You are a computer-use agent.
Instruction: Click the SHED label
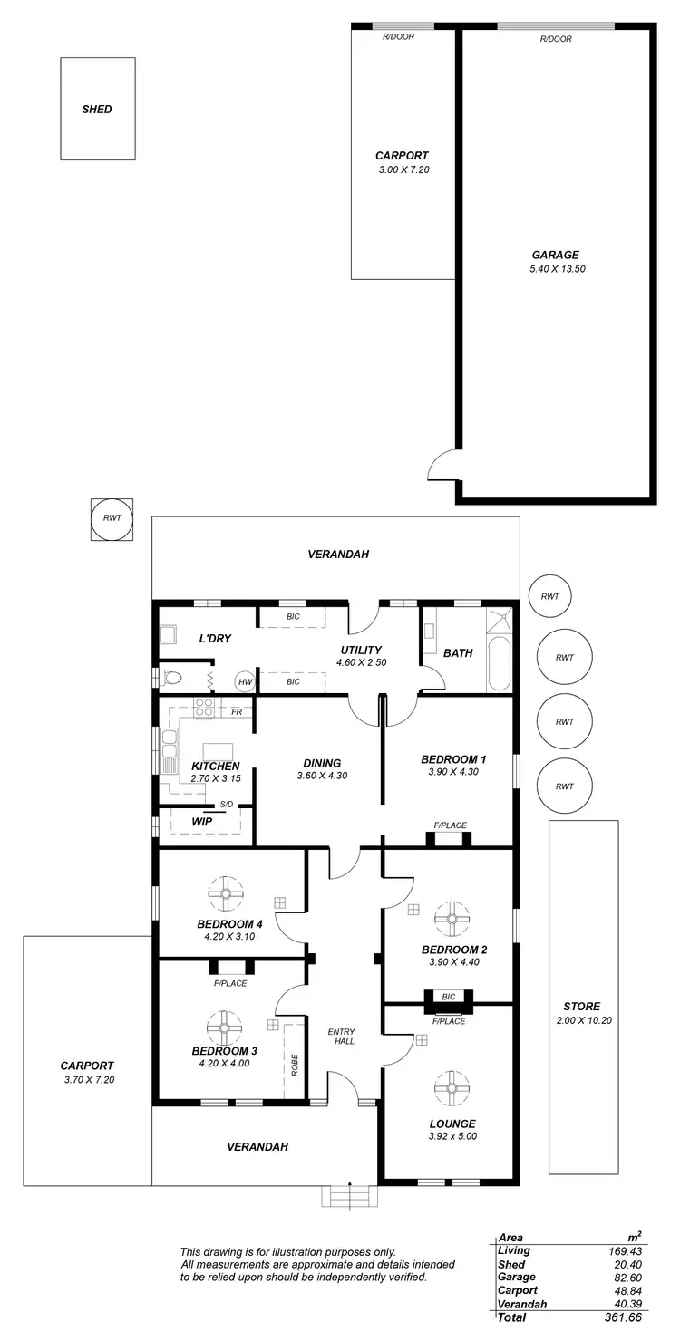click(x=97, y=110)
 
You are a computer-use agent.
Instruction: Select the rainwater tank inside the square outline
click(x=112, y=519)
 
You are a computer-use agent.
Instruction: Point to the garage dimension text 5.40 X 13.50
click(x=556, y=269)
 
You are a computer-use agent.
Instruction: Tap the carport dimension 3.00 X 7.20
click(x=402, y=169)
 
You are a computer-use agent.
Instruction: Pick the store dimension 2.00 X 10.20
click(x=581, y=1021)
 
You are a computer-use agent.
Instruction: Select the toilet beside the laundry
click(x=170, y=677)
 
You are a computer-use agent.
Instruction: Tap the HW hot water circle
click(x=244, y=681)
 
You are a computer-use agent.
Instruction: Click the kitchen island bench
click(x=218, y=751)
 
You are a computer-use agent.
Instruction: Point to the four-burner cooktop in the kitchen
click(x=204, y=708)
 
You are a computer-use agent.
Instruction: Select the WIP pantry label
click(x=201, y=822)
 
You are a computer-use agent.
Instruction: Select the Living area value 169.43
click(x=625, y=1250)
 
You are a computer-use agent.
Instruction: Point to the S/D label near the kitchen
click(x=225, y=805)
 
